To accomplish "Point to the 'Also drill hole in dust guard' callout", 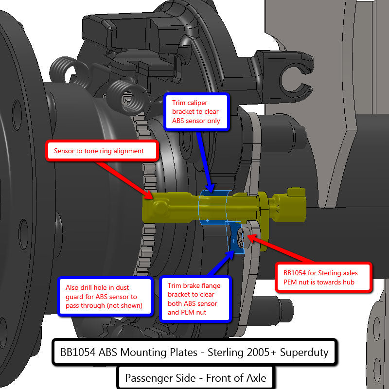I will (x=101, y=297).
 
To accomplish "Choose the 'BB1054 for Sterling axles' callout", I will (x=323, y=277).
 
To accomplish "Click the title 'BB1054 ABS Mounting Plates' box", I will (x=194, y=352).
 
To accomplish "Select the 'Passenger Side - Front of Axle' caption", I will (x=195, y=377).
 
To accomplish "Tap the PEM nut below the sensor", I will (x=241, y=238).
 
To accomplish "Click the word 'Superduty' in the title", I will (x=301, y=352).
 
